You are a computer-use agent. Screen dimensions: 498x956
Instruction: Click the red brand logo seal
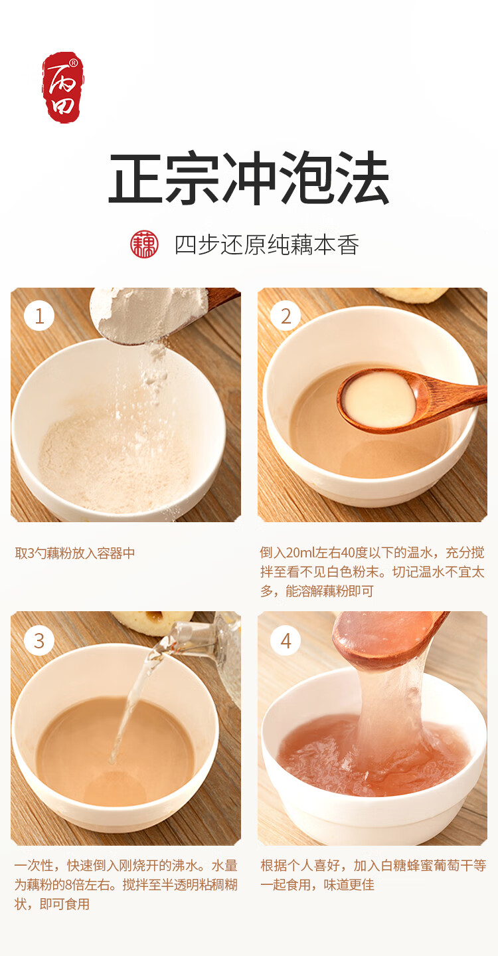click(62, 88)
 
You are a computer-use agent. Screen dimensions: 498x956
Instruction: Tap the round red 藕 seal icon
click(144, 244)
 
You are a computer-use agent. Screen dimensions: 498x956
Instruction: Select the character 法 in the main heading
click(362, 178)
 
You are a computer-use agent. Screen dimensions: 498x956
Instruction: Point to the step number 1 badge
click(39, 316)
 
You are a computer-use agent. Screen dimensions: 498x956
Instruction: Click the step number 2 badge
click(286, 316)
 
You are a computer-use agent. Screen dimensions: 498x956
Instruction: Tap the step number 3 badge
click(39, 640)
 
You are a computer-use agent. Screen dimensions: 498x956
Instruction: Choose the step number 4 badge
click(286, 640)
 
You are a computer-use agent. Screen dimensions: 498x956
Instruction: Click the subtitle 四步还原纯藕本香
click(267, 244)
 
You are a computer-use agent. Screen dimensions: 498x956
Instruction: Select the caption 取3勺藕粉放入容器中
click(75, 553)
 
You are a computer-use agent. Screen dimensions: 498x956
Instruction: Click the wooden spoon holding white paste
click(406, 399)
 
